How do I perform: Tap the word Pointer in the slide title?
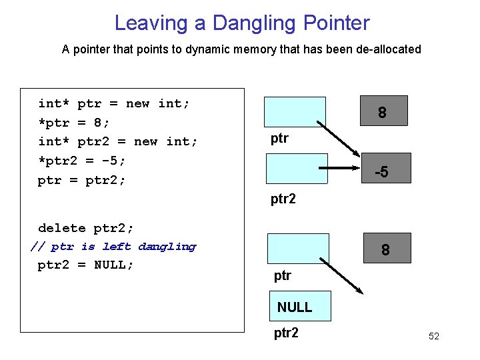(336, 23)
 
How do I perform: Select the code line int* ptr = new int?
(114, 103)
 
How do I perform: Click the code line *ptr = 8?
(74, 123)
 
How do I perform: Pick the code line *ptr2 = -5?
(82, 161)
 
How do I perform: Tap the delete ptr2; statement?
(86, 228)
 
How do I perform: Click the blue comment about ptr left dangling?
(113, 247)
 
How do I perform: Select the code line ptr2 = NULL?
(86, 265)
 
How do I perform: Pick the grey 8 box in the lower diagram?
(385, 248)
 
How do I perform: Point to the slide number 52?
(434, 336)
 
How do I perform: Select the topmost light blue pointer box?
(295, 111)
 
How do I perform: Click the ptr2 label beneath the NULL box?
(286, 332)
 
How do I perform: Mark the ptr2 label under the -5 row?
(283, 199)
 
